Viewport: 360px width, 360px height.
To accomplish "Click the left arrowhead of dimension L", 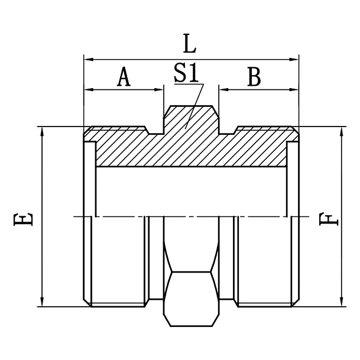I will [87, 59].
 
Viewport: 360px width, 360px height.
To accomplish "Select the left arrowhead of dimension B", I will [223, 89].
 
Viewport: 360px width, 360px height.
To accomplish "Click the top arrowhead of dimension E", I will [42, 131].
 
